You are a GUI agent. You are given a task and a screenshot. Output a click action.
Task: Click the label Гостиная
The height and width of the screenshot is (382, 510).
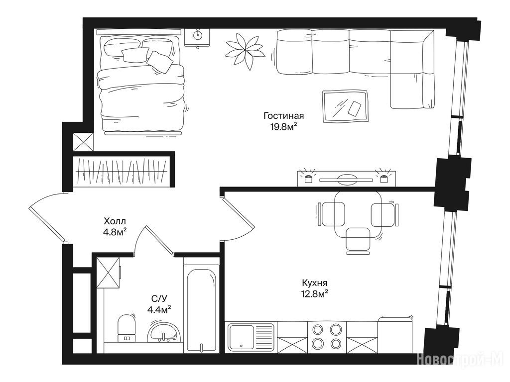pos(283,116)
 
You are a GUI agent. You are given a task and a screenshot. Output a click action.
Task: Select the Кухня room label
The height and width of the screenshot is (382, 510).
pos(315,283)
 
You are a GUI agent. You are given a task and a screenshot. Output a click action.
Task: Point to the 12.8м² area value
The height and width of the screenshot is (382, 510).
pos(315,294)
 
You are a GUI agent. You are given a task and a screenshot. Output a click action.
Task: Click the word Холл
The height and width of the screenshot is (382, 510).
pos(115,221)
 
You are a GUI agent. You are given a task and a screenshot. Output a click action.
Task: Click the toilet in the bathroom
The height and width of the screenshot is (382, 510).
pos(126,328)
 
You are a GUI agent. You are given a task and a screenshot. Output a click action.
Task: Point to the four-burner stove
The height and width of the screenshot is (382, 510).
pos(327,337)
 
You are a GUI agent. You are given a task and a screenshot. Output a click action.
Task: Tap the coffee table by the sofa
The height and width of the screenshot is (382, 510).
pos(345,106)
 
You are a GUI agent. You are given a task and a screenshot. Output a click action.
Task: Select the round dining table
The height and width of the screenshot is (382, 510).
pos(358,214)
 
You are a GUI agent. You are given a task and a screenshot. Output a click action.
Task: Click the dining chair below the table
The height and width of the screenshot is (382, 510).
pos(358,240)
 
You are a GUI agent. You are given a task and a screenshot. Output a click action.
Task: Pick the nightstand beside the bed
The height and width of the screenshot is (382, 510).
pos(198,38)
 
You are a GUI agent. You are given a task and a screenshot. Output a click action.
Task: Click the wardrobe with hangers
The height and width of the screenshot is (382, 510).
pos(122,171)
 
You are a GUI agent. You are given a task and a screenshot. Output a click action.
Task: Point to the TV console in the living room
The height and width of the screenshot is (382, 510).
pos(347,179)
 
